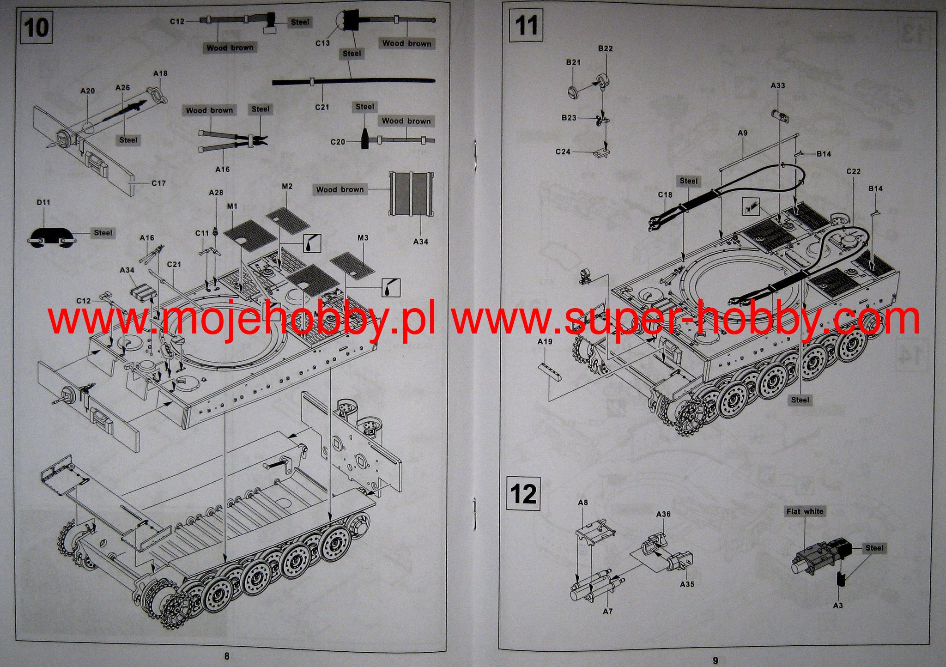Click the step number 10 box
pos(36,27)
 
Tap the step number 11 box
pos(526,25)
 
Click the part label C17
pos(158,183)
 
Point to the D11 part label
pos(43,202)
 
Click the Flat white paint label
pos(805,511)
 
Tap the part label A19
pos(545,342)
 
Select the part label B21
pos(573,62)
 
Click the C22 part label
pos(853,171)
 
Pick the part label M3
pos(363,238)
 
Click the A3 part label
pos(838,605)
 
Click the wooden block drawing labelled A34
pos(411,194)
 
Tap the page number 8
pos(226,655)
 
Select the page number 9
pos(715,660)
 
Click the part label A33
pos(778,85)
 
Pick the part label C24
pos(563,152)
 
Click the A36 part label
pos(663,514)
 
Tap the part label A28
pos(216,192)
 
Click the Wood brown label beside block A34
pos(340,189)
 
